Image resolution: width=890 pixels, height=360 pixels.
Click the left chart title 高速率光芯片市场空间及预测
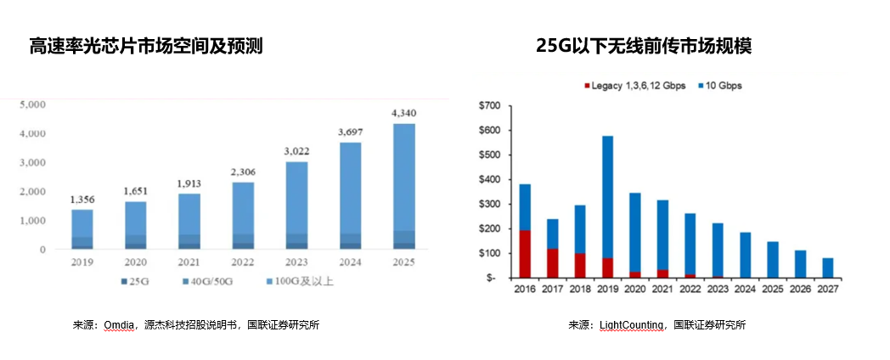(x=146, y=47)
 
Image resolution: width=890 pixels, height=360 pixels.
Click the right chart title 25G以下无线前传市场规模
(x=644, y=47)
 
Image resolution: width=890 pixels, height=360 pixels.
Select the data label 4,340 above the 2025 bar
(x=403, y=113)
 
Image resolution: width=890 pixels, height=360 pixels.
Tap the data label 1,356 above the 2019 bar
(x=82, y=200)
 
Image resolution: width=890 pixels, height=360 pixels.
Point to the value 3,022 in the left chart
(x=296, y=151)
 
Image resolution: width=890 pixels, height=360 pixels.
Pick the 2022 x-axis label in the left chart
(x=243, y=262)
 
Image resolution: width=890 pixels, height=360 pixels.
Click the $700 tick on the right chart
(x=490, y=106)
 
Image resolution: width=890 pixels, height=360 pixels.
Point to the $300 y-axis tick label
(x=490, y=205)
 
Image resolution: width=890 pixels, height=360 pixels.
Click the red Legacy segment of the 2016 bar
(x=526, y=254)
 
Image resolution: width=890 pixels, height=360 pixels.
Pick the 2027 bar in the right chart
(x=827, y=268)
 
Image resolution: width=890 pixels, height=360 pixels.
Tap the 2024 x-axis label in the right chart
(x=745, y=290)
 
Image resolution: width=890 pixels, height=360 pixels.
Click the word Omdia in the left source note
(x=118, y=325)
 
